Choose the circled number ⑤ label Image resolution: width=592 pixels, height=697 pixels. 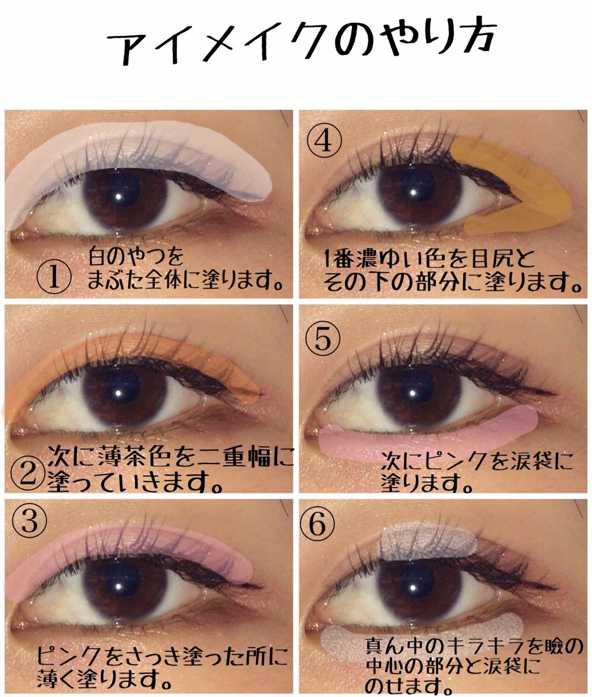tap(323, 340)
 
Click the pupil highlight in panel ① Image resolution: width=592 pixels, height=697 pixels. tap(119, 197)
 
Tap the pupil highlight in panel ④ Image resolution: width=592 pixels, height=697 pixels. tap(413, 192)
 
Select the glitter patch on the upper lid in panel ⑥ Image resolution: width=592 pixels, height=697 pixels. tap(427, 540)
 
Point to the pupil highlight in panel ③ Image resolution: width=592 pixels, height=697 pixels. tap(119, 586)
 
